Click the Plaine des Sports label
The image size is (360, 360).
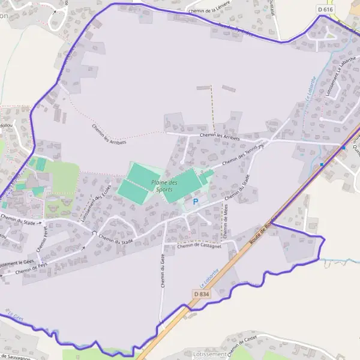tap(164, 185)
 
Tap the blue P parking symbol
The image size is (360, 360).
tap(195, 202)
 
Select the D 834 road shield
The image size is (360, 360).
tap(202, 293)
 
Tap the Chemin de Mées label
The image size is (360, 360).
tap(226, 219)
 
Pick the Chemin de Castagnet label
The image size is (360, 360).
tap(200, 245)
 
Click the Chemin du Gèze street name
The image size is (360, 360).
tap(162, 270)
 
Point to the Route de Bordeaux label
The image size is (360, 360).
tap(265, 229)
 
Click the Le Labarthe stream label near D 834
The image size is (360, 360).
tap(209, 275)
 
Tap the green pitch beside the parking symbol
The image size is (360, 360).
tap(180, 186)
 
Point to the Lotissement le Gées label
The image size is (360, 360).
tap(16, 263)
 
